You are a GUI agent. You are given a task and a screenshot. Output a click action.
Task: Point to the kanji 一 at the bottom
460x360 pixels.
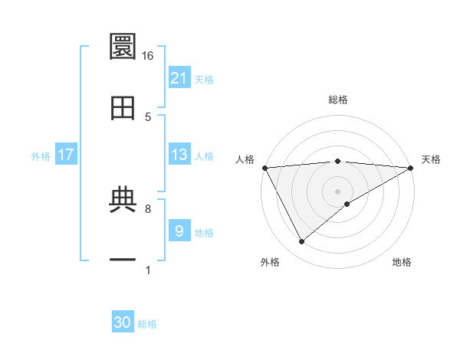[x=123, y=260]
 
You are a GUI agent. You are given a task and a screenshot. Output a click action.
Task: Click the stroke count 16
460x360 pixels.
[x=148, y=56]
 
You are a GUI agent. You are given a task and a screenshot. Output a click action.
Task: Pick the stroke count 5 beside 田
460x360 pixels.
[x=148, y=116]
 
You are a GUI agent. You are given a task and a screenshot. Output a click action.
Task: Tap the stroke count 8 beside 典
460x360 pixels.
[x=148, y=208]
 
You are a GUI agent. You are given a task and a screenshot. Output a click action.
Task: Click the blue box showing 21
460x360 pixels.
[x=179, y=78]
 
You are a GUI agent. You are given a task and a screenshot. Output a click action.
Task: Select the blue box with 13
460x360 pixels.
[x=179, y=155]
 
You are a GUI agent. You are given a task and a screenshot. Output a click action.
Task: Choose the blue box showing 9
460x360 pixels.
[x=179, y=231]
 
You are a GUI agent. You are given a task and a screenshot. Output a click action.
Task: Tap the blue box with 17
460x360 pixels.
[x=66, y=155]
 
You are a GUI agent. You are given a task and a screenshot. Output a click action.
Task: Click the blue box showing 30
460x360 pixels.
[x=123, y=322]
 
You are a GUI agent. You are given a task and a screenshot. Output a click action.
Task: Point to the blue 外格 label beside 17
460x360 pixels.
[x=41, y=155]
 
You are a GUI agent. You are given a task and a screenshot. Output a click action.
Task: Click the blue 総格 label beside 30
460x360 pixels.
[x=147, y=324]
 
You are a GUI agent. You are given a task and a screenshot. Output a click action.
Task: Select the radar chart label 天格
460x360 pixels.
[x=432, y=159]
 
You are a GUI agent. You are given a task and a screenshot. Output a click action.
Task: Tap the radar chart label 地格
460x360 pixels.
[x=402, y=262]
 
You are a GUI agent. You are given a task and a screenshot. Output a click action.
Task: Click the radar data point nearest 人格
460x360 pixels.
[x=264, y=168]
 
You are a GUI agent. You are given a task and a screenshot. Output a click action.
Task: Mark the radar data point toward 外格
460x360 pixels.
[x=301, y=241]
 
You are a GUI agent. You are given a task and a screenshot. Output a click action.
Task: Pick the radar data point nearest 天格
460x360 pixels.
[x=411, y=168]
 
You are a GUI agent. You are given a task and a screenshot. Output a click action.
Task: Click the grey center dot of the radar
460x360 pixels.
[x=337, y=191]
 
